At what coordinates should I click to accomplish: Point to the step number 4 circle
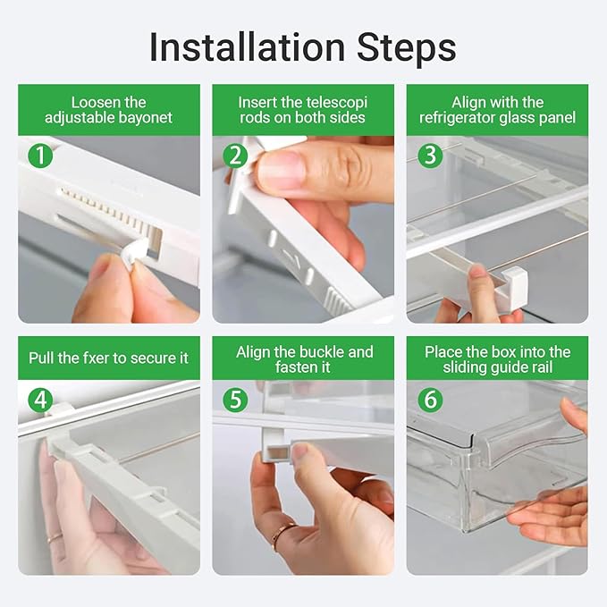pyautogui.click(x=40, y=399)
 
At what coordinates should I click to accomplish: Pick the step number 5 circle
pyautogui.click(x=235, y=399)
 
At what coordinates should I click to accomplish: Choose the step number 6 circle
pyautogui.click(x=431, y=399)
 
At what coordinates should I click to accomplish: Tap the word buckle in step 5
pyautogui.click(x=322, y=351)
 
